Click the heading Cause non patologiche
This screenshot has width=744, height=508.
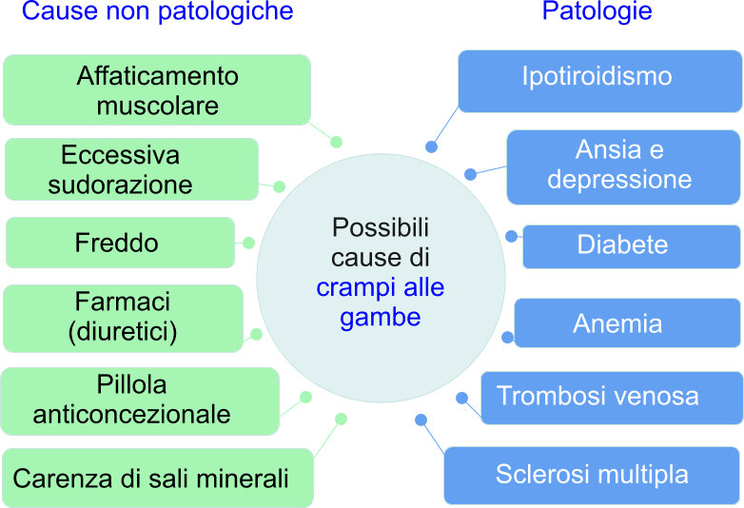(157, 12)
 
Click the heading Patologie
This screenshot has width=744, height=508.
(597, 12)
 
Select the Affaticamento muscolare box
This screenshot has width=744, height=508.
(157, 89)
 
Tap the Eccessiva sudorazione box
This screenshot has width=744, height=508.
(131, 168)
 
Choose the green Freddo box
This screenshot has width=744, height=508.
(120, 243)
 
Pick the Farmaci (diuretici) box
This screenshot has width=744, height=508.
(123, 317)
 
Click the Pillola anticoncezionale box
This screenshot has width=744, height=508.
(139, 401)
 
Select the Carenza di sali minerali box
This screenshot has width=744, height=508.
(157, 478)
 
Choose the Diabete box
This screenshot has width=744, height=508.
(631, 245)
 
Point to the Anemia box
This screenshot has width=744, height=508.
(627, 323)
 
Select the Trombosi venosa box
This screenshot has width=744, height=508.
(611, 397)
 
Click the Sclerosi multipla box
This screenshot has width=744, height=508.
(591, 474)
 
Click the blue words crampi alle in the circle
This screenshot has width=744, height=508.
(381, 287)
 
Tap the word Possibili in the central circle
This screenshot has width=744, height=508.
(381, 228)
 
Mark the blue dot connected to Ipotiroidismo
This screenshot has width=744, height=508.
(431, 147)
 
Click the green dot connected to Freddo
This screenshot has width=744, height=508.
(248, 243)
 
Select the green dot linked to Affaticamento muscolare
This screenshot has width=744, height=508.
(336, 142)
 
